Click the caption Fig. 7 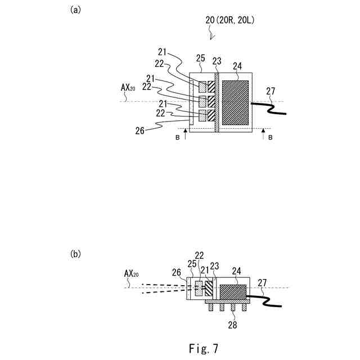pyautogui.click(x=203, y=343)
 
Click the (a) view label pyautogui.click(x=75, y=10)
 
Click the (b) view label pyautogui.click(x=75, y=254)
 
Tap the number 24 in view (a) pyautogui.click(x=237, y=66)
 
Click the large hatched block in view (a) pyautogui.click(x=236, y=102)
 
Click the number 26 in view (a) pyautogui.click(x=141, y=130)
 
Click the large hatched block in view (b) pyautogui.click(x=232, y=292)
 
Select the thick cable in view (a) pyautogui.click(x=270, y=106)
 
